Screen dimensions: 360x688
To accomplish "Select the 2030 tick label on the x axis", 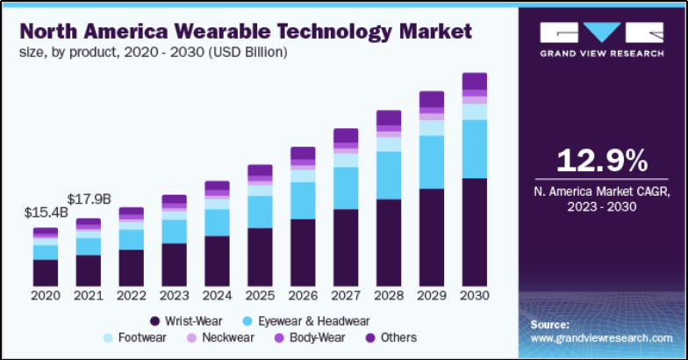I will (x=475, y=296).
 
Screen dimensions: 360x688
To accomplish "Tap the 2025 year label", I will (x=260, y=296).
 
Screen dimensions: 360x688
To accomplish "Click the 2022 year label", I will (x=131, y=296).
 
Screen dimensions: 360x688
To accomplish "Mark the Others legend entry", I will (x=391, y=337).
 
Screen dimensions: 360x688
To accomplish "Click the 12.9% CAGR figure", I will (x=602, y=161).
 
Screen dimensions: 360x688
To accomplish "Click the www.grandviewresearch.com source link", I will (x=602, y=337).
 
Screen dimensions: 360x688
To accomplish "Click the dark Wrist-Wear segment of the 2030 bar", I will (x=475, y=232).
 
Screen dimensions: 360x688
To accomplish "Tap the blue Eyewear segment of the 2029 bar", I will (x=432, y=162).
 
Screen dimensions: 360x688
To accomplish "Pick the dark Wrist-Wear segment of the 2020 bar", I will (x=46, y=272).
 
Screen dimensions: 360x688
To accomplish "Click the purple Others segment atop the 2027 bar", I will (x=346, y=135).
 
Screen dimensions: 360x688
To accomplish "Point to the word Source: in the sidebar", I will (x=550, y=324).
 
